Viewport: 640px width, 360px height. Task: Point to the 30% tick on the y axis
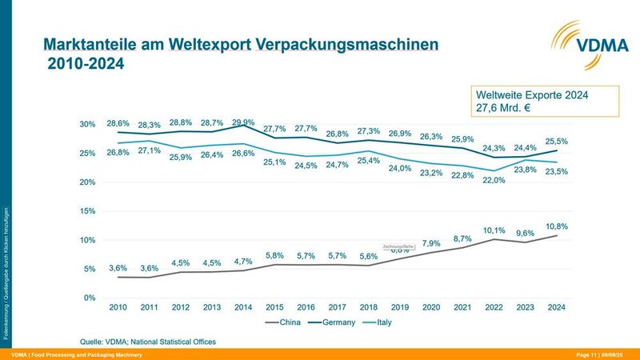(x=87, y=124)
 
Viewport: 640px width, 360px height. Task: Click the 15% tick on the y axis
(x=87, y=211)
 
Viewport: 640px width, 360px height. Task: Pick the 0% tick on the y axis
(x=90, y=298)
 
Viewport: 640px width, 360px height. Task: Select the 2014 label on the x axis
(x=244, y=307)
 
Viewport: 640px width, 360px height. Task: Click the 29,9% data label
(x=243, y=122)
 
